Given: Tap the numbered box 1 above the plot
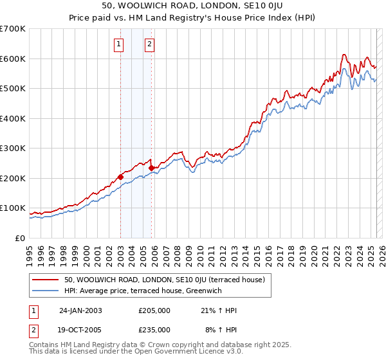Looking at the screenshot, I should coord(120,44).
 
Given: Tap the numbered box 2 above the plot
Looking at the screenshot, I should coord(149,44).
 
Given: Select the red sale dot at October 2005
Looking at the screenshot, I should coord(152,168).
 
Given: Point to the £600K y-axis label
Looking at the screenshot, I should coord(12,59).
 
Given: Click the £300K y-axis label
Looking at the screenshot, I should coord(12,148).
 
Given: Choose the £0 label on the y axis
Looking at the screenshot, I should coord(20,238).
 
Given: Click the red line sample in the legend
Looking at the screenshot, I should coord(47,279).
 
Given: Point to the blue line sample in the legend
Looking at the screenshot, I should coord(47,290).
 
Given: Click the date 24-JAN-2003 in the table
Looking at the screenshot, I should coord(80,310).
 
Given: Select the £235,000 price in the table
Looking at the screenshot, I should coord(154,329).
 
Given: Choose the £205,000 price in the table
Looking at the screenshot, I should coord(154,310).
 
